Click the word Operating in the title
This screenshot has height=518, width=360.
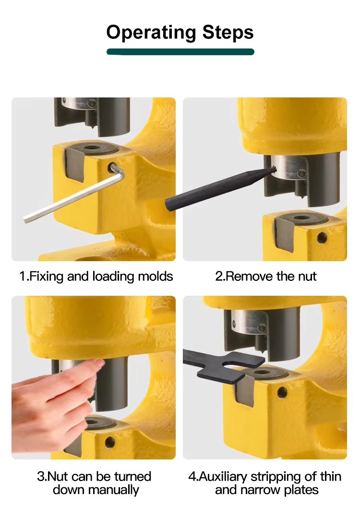(151, 33)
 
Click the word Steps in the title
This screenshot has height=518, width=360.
(228, 32)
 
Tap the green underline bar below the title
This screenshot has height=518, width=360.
(180, 52)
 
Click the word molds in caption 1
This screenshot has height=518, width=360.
(155, 276)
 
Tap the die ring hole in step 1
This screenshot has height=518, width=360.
(93, 148)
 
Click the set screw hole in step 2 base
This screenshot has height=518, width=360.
(322, 237)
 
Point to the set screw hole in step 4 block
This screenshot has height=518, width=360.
(282, 392)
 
